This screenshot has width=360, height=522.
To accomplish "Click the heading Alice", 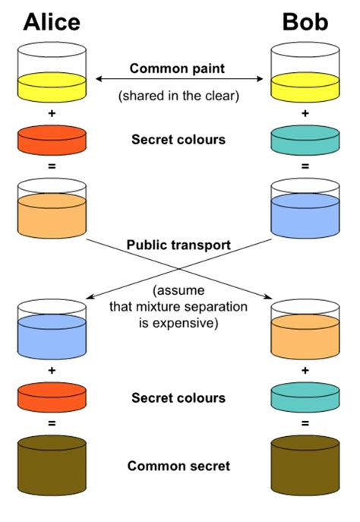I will (52, 22).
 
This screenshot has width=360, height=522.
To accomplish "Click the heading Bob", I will (305, 22).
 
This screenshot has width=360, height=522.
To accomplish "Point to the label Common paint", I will (177, 68).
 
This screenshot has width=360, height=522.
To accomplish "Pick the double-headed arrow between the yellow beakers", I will (178, 78).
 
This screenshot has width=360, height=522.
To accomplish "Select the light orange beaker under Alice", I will (52, 209).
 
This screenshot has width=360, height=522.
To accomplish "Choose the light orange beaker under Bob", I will (305, 331).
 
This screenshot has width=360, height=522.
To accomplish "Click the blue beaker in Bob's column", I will (305, 209).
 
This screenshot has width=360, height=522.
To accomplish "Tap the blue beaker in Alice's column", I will (52, 331).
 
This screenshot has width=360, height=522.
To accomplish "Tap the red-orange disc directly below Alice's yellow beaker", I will (52, 139).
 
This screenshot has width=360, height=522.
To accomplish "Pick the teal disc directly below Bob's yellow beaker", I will (305, 139).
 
